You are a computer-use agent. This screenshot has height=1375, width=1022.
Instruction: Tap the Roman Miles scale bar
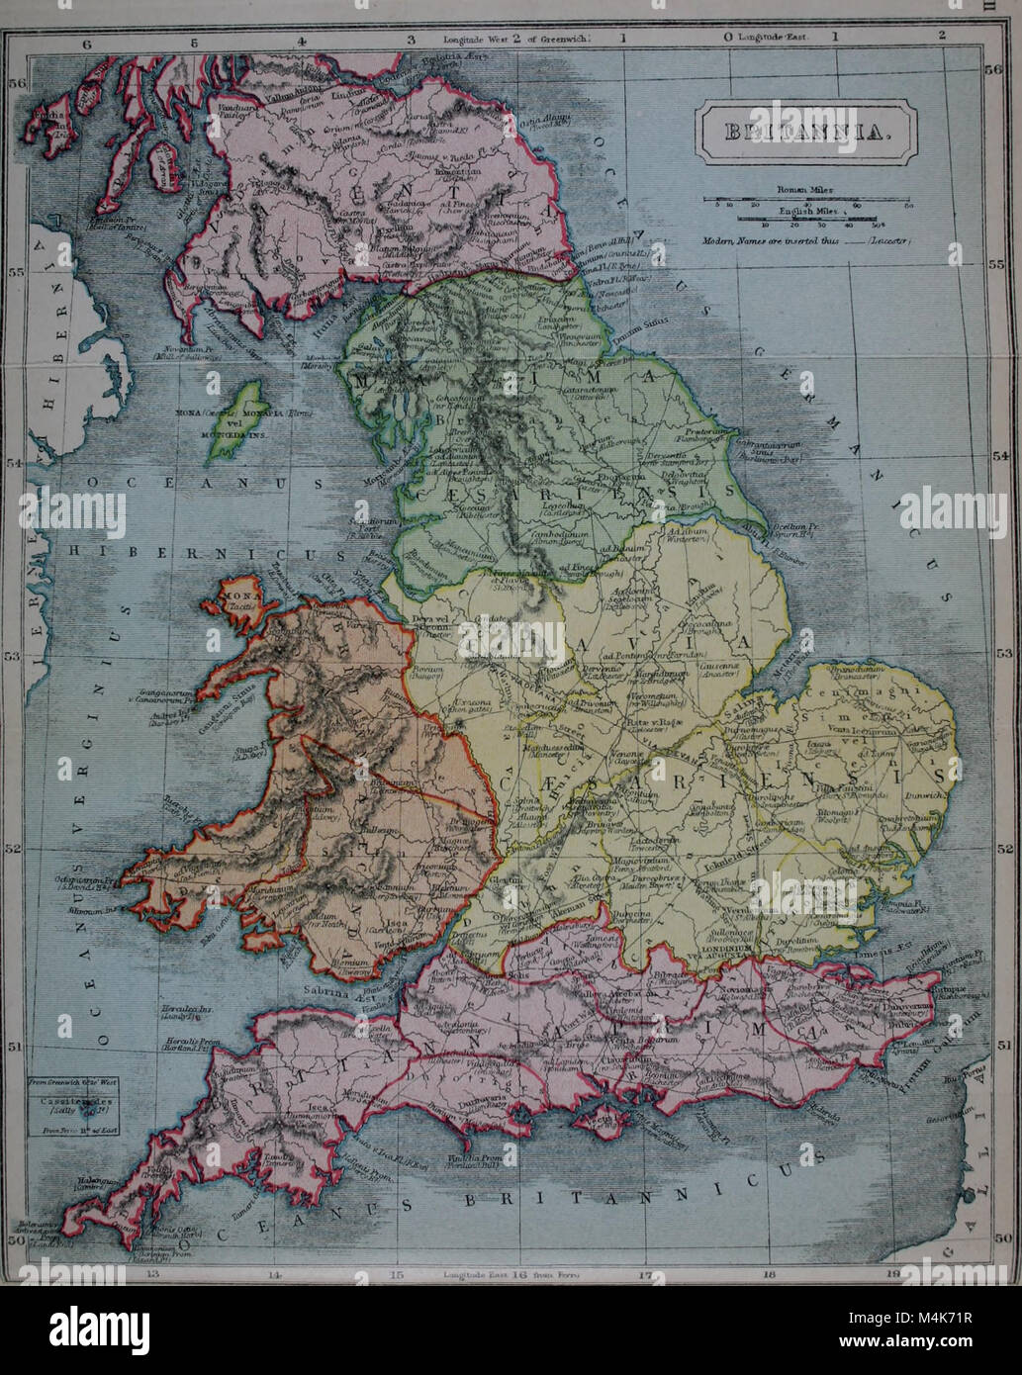point(807,199)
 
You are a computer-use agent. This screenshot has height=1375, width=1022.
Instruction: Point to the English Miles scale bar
point(807,220)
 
